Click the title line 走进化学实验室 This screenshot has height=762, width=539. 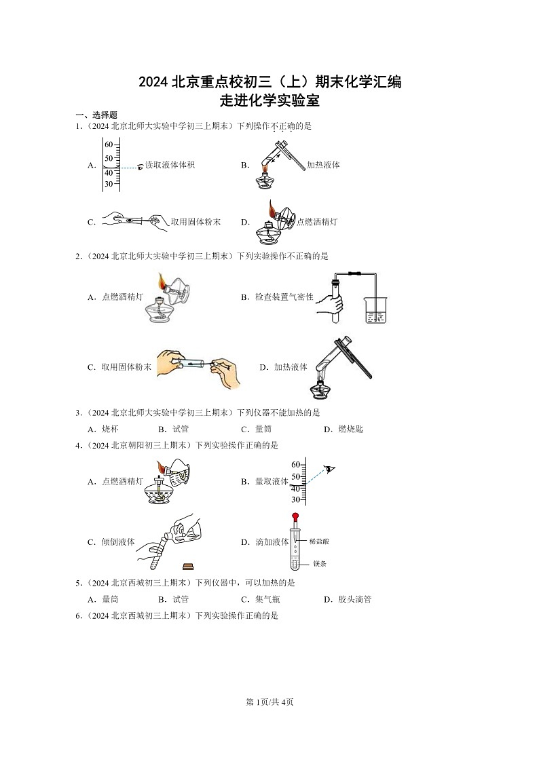click(270, 101)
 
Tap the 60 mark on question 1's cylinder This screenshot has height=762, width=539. click(109, 145)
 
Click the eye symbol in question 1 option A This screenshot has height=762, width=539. click(141, 166)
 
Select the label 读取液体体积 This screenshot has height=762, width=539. click(170, 165)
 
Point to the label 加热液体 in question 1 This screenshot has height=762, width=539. click(323, 165)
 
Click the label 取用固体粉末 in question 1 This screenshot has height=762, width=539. click(195, 222)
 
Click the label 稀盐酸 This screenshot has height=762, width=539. click(319, 541)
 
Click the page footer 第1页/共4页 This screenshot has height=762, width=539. click(269, 702)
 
